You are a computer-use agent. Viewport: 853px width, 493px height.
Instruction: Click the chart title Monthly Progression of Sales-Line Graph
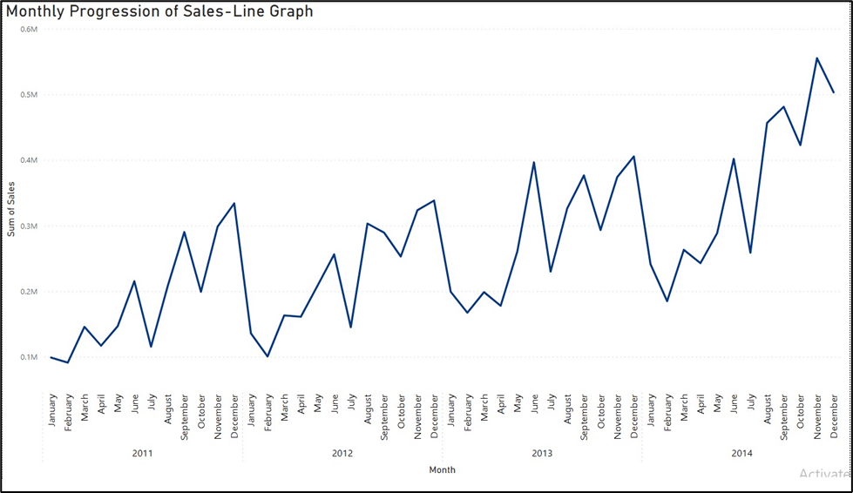click(x=159, y=12)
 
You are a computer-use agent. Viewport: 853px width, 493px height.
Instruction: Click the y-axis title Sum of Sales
click(x=11, y=213)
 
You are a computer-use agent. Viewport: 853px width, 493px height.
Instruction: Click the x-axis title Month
click(x=442, y=470)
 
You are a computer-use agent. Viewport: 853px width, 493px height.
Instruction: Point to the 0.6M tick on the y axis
click(x=29, y=29)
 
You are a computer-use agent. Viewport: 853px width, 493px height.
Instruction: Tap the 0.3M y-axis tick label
click(x=29, y=226)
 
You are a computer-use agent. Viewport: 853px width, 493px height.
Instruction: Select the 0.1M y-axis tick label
click(x=29, y=357)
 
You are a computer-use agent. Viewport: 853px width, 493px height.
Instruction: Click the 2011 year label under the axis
click(x=143, y=453)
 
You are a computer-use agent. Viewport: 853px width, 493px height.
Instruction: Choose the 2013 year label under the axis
click(x=542, y=453)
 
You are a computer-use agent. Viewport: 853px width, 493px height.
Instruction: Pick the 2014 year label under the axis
click(x=741, y=453)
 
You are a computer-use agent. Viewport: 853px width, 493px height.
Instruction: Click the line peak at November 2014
click(x=816, y=58)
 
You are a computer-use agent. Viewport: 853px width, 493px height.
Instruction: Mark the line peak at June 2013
click(x=534, y=162)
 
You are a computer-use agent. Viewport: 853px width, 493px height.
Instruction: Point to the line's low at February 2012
click(x=267, y=356)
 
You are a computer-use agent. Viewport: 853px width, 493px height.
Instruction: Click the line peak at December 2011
click(x=234, y=203)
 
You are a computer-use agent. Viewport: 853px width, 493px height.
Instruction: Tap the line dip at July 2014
click(x=750, y=253)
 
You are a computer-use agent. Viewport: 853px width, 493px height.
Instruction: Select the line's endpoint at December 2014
click(x=834, y=92)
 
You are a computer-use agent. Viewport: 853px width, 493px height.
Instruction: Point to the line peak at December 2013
click(x=633, y=156)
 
